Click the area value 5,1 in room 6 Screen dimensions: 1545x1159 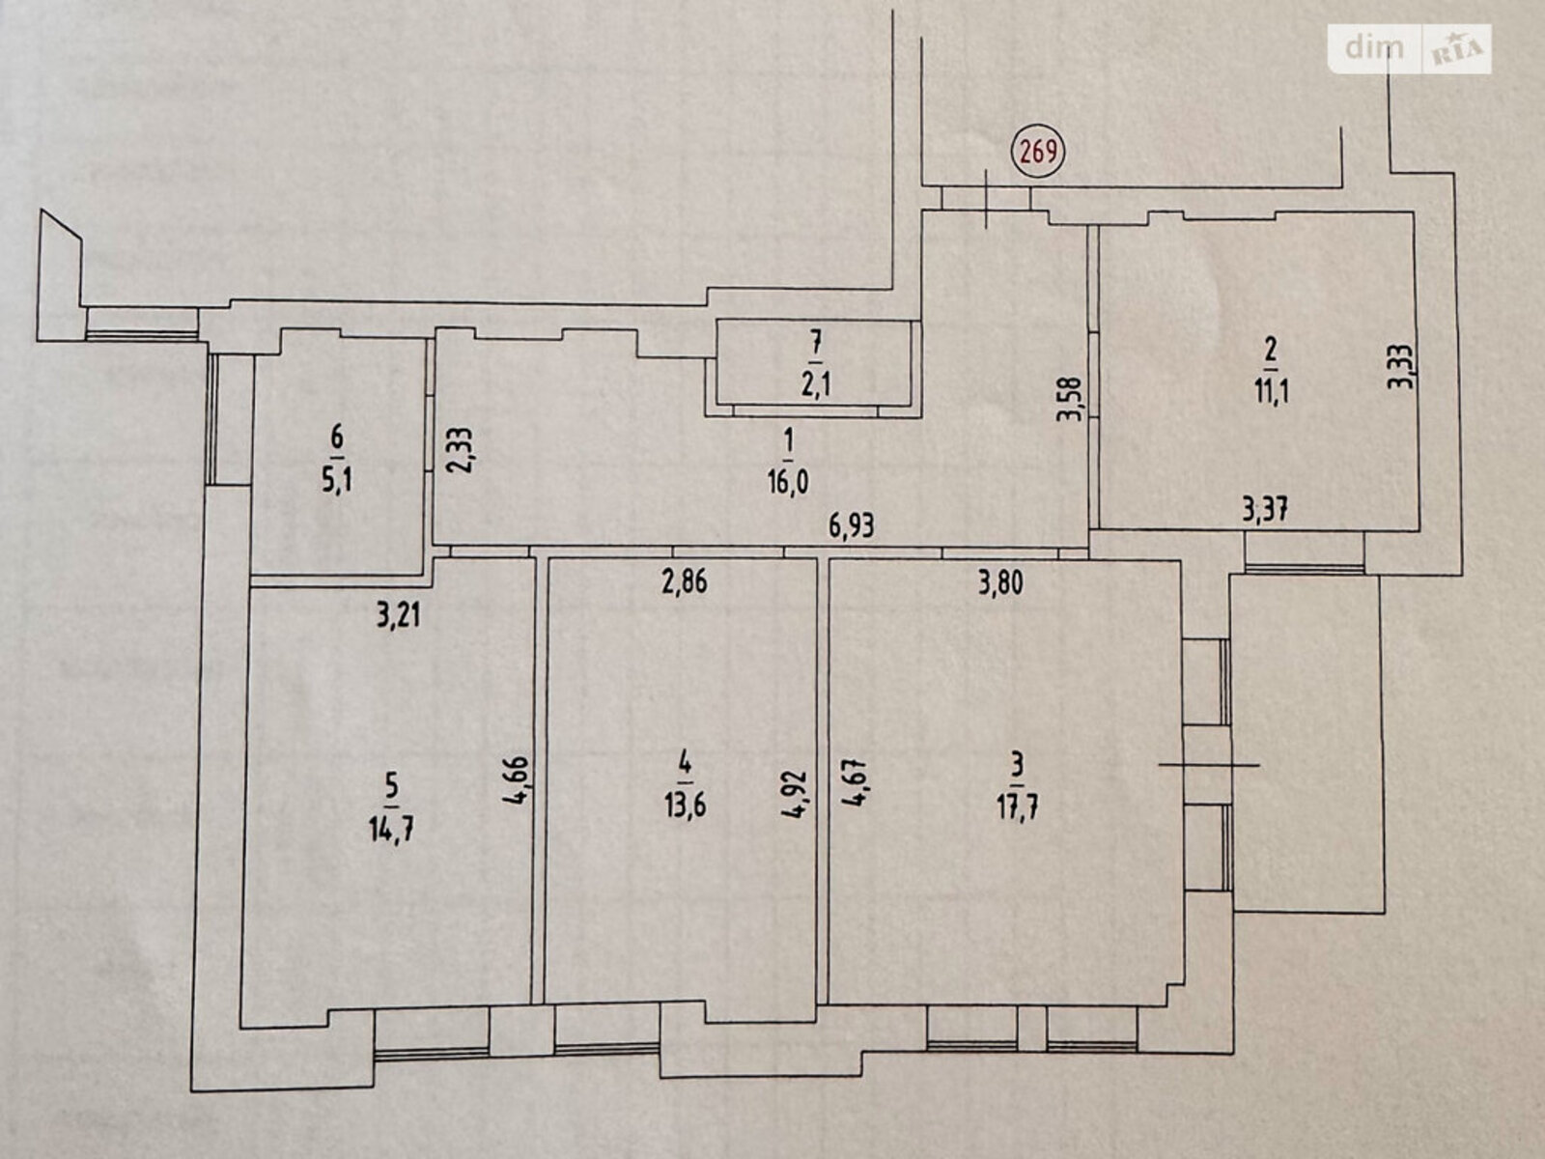(x=337, y=481)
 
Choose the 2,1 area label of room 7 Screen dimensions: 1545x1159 (x=816, y=385)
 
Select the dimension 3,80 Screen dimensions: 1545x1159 (x=1001, y=583)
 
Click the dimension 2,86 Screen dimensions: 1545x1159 (x=686, y=582)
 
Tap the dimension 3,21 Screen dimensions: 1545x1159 (x=399, y=616)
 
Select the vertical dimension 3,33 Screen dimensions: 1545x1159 (x=1401, y=364)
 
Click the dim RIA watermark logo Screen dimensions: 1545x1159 (x=1409, y=48)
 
